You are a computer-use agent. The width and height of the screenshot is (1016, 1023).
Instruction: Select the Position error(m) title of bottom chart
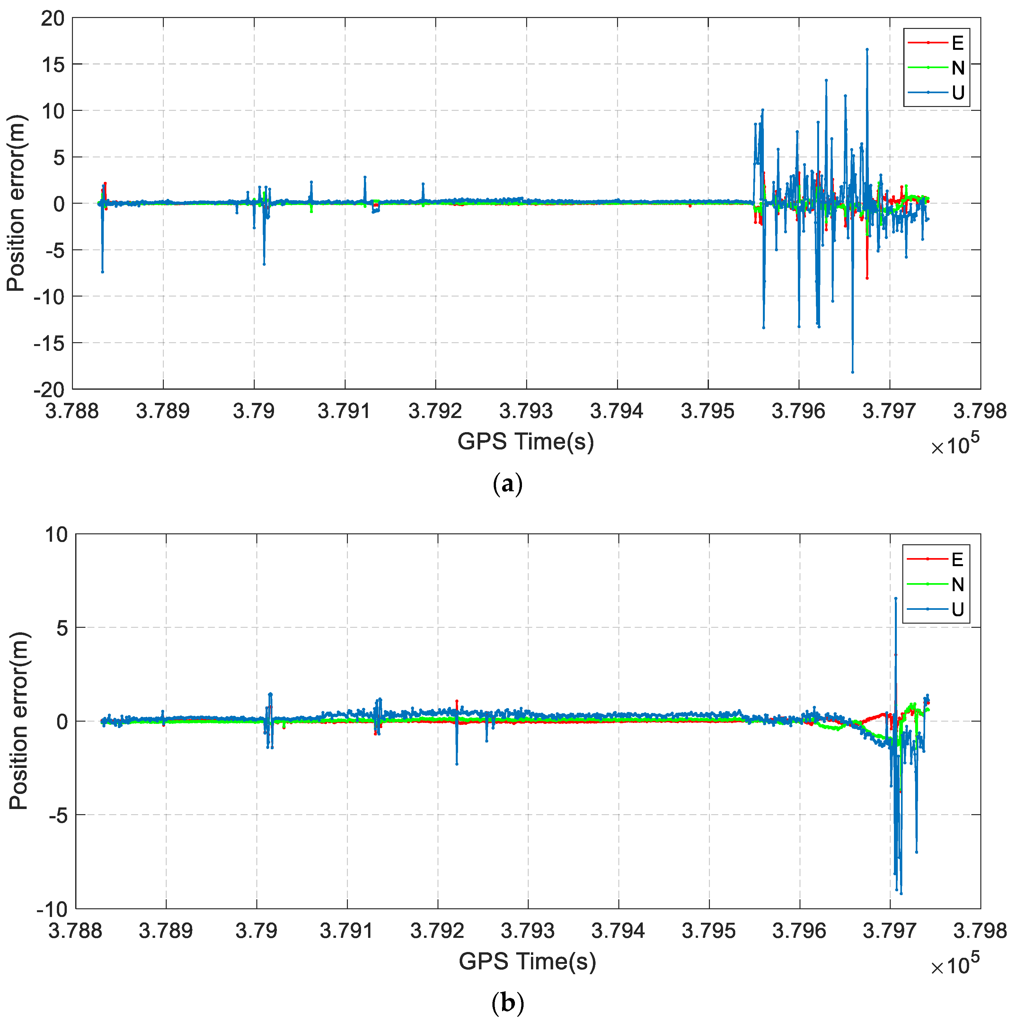[x=19, y=721]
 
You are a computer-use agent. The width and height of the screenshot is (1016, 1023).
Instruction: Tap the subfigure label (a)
[x=507, y=484]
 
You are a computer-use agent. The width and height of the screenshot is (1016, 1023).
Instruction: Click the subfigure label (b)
[x=507, y=1003]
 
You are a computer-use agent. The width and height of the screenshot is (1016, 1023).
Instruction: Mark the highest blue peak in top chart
[x=867, y=49]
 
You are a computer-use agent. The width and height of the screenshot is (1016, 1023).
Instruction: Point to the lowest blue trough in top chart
[x=853, y=372]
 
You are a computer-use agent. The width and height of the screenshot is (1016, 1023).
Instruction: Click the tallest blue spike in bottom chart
[x=895, y=598]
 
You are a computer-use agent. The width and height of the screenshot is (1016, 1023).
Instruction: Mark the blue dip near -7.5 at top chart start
[x=102, y=271]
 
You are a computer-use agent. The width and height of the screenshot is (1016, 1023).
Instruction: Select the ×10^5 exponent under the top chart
[x=955, y=444]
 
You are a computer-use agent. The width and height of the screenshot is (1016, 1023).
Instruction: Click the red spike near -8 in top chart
[x=867, y=278]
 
